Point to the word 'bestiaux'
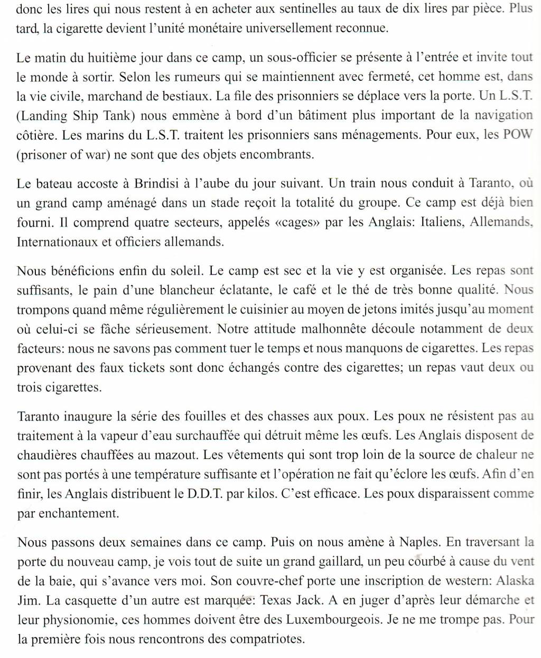pyautogui.click(x=184, y=96)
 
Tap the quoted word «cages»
pyautogui.click(x=297, y=222)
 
